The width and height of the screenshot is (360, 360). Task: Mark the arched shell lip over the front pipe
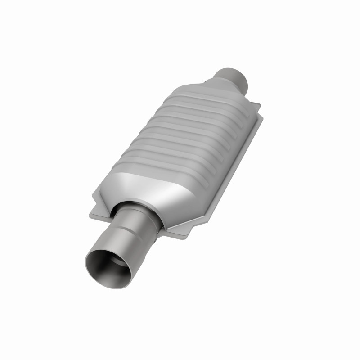(135, 203)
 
